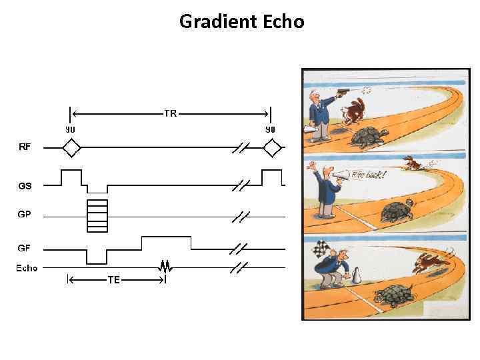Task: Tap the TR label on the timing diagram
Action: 170,113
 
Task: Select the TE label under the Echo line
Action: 114,280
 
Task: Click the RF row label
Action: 24,147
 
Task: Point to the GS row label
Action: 25,186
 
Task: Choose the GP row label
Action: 25,215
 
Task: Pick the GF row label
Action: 24,248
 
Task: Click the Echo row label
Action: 27,269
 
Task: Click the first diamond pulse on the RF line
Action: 71,147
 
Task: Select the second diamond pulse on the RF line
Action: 272,147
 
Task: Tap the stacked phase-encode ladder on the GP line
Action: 97,215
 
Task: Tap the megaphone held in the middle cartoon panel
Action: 341,175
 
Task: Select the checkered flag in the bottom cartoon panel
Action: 319,251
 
